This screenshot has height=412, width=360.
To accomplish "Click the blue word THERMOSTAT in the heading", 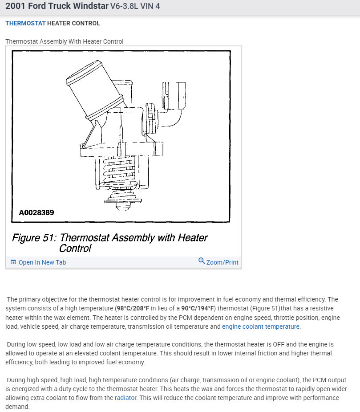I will point(25,23).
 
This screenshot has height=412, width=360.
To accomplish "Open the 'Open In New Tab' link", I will point(42,262).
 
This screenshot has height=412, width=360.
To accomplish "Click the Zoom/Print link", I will point(222,262).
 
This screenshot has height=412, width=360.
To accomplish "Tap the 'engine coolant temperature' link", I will point(260,326).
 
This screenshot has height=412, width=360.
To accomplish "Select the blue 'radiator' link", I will point(125,398).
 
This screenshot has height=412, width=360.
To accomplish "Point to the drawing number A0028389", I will point(36,212).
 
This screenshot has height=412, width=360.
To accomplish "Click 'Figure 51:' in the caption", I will point(34,238).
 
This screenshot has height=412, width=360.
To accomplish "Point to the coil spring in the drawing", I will point(117,171).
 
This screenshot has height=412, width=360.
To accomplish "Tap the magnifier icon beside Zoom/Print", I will point(202,261).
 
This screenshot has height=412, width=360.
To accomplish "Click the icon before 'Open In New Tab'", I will point(13,262).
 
